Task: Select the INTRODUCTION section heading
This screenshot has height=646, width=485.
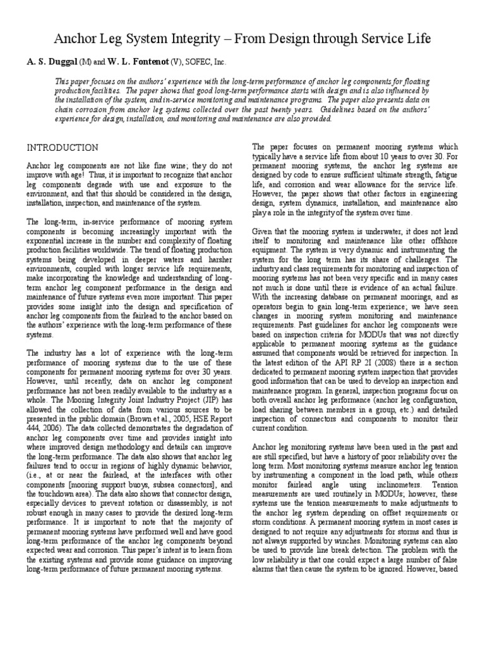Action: pos(62,148)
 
